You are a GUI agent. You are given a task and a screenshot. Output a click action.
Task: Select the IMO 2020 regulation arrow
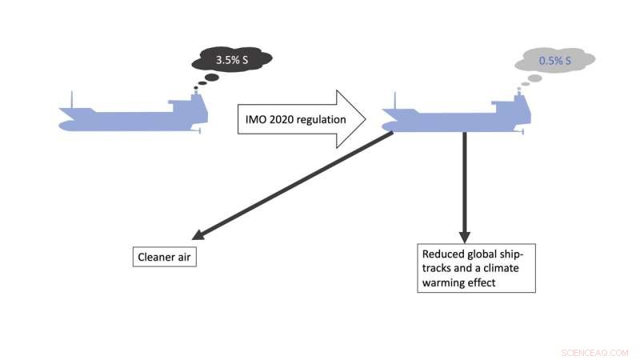[x=300, y=119]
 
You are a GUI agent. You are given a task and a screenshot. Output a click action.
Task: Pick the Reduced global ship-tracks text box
[x=475, y=267]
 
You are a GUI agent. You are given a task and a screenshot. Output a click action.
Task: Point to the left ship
[x=132, y=117]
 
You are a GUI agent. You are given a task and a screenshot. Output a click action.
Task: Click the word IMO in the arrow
[x=257, y=120]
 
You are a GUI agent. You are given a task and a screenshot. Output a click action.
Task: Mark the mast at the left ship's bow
[x=73, y=101]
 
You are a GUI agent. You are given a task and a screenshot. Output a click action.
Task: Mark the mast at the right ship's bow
[x=394, y=101]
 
